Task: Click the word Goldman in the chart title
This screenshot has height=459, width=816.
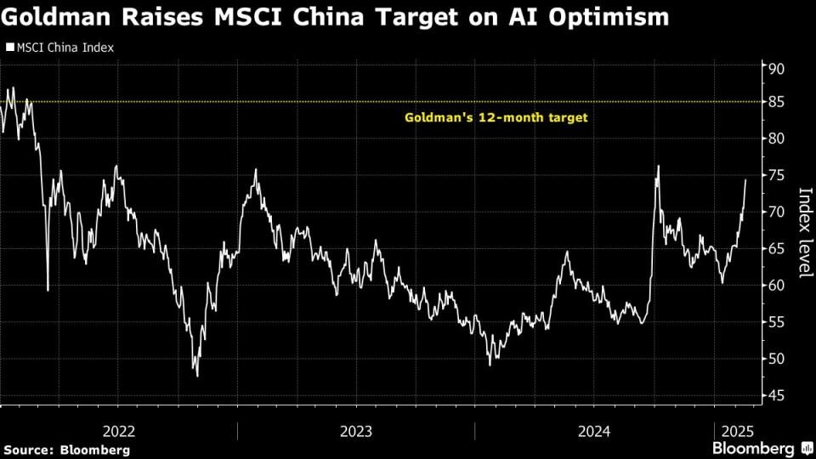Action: (x=58, y=16)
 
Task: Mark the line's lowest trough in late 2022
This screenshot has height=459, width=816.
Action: (x=197, y=375)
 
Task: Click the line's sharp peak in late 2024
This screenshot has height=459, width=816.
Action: (x=658, y=166)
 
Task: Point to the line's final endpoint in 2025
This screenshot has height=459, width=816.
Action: (x=745, y=179)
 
